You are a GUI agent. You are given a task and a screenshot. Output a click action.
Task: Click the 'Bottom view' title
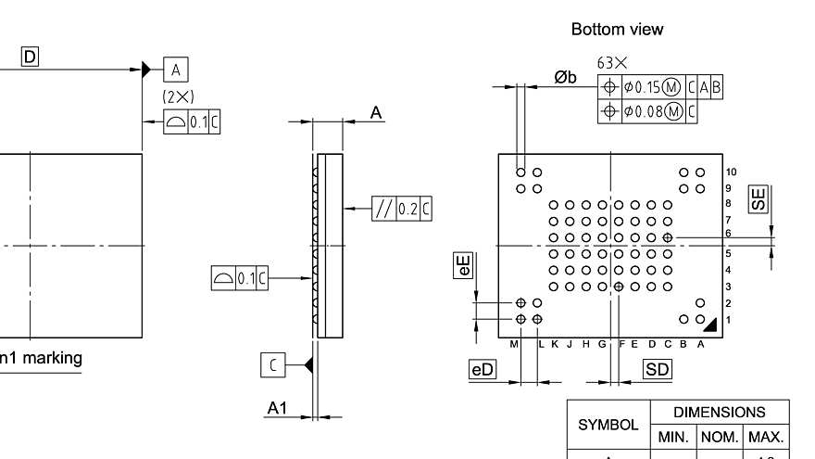click(x=617, y=30)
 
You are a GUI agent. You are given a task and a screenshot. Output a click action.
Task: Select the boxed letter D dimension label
click(x=31, y=57)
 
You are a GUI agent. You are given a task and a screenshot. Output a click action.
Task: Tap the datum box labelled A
click(x=176, y=69)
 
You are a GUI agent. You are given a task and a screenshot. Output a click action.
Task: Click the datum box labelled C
click(x=272, y=365)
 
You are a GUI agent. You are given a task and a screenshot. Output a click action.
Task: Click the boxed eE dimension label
click(x=463, y=265)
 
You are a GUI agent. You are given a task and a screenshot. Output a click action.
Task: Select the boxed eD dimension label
click(x=483, y=369)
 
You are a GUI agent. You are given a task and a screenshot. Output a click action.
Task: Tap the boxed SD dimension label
click(x=658, y=369)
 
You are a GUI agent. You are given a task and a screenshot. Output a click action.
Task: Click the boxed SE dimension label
click(x=759, y=198)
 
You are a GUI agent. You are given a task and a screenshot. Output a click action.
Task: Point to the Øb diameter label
click(x=565, y=78)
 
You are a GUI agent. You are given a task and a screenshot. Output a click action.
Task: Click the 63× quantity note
click(x=612, y=63)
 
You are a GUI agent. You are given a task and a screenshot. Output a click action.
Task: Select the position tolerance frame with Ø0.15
click(x=660, y=88)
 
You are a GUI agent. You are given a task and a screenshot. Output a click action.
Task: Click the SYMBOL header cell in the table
click(x=608, y=425)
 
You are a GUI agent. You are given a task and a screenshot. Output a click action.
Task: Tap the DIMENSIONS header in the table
click(x=720, y=413)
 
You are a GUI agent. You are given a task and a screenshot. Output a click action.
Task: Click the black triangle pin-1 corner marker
click(x=709, y=324)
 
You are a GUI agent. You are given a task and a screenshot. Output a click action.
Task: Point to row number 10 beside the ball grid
click(x=732, y=172)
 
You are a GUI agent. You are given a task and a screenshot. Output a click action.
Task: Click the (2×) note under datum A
click(x=178, y=96)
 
